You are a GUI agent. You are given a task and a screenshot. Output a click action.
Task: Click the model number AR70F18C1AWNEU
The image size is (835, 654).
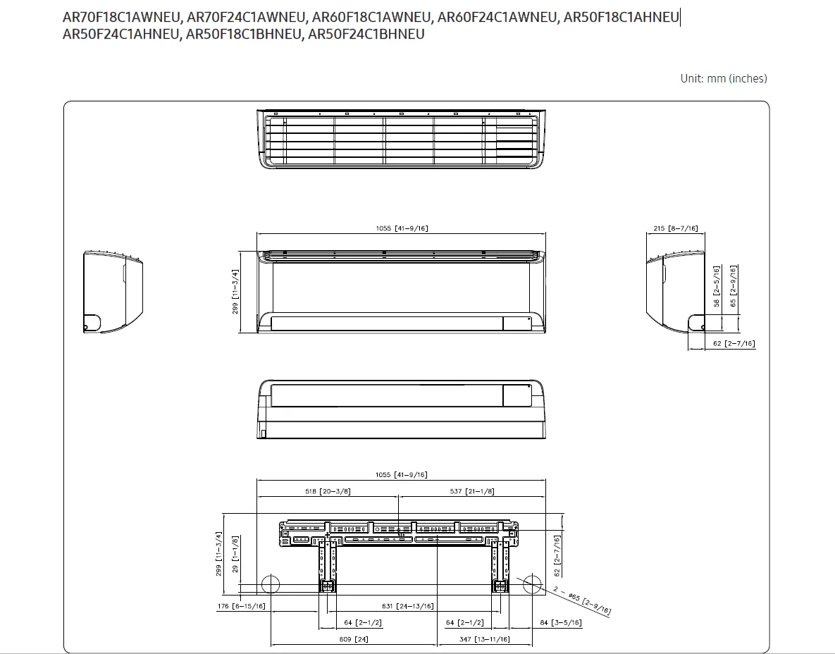click(x=121, y=17)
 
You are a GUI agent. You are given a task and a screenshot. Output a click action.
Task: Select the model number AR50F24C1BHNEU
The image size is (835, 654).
click(x=366, y=34)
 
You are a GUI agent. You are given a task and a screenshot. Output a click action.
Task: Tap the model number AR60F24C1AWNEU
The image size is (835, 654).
click(x=496, y=17)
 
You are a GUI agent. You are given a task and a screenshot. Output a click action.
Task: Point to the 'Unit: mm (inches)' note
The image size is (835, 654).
click(x=724, y=78)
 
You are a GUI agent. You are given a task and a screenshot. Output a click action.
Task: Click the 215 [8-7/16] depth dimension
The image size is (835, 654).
click(x=675, y=228)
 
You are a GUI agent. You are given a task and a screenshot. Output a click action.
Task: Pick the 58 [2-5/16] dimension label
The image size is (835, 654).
click(x=716, y=287)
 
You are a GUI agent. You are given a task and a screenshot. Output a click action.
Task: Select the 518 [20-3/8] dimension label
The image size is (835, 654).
click(x=328, y=491)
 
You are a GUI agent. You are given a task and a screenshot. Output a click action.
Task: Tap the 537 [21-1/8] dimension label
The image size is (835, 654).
click(x=472, y=491)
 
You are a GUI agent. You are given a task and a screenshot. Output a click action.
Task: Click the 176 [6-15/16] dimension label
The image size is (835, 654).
click(x=241, y=606)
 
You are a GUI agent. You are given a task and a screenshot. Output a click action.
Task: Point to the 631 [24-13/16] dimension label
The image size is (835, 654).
click(x=408, y=606)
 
